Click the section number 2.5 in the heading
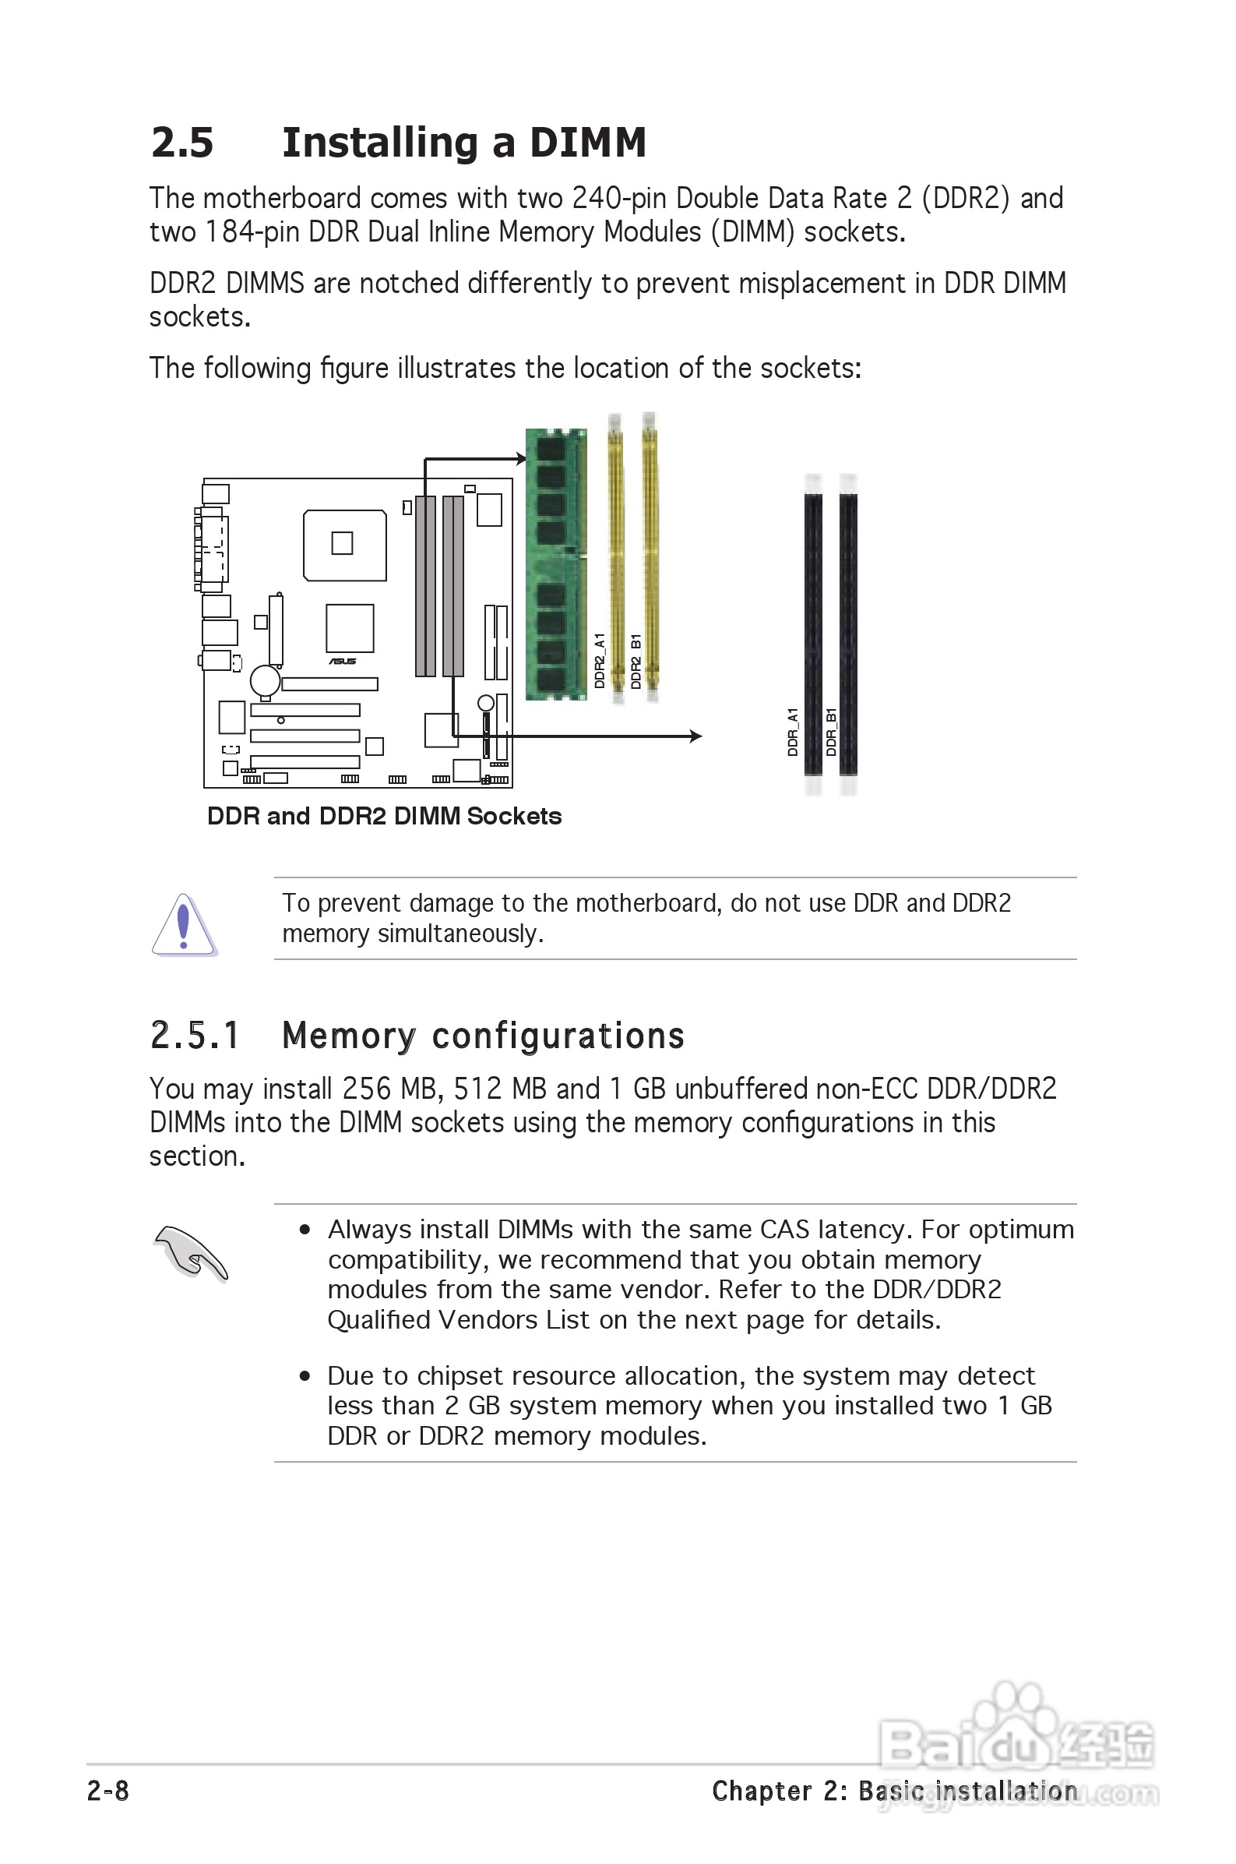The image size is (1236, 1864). [x=182, y=143]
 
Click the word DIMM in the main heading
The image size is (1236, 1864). [x=587, y=143]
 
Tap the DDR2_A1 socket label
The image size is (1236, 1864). [x=600, y=661]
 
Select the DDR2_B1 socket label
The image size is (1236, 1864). [x=636, y=661]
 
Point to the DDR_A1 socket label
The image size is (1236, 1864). [x=793, y=732]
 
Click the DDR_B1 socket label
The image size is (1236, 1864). [x=831, y=732]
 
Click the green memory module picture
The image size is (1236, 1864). [x=556, y=563]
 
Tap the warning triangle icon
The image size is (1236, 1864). [x=184, y=924]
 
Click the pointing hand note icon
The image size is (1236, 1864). [x=191, y=1252]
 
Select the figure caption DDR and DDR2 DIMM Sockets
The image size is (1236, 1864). [x=384, y=816]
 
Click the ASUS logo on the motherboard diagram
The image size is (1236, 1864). [x=342, y=662]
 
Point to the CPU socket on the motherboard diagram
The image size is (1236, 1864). [x=344, y=545]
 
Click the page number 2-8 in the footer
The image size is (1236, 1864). [x=108, y=1791]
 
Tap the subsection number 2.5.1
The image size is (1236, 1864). [x=194, y=1036]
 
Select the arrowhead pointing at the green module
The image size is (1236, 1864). [x=520, y=459]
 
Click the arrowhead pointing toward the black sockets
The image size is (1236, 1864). [x=695, y=736]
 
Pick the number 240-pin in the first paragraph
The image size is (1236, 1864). [x=620, y=198]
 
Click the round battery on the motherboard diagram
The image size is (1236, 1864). [x=265, y=680]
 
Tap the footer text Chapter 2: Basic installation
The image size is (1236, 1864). [x=894, y=1791]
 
